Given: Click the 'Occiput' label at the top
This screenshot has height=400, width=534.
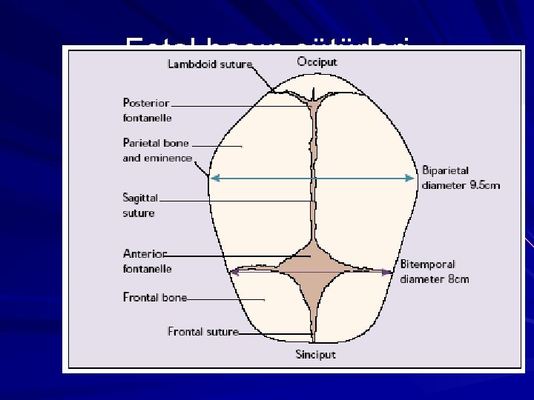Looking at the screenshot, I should (317, 61).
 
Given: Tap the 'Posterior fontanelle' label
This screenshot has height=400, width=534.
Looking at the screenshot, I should (147, 110).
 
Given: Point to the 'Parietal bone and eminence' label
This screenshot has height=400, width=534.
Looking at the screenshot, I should (156, 150).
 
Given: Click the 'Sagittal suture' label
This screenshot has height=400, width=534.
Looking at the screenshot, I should (139, 205).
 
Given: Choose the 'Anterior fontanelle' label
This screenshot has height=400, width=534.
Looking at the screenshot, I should (147, 261).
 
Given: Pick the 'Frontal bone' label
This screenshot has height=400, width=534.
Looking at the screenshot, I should (154, 298).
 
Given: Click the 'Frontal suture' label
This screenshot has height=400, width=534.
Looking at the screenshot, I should (202, 331).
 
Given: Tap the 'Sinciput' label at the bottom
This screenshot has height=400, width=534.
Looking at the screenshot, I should (315, 354).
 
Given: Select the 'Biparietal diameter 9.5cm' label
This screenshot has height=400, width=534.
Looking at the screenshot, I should (461, 178).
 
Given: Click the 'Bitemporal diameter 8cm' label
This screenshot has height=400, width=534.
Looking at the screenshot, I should (435, 271).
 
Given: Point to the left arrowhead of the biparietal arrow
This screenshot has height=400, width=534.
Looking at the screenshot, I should (213, 179).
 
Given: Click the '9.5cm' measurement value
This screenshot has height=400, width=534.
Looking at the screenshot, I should (484, 185).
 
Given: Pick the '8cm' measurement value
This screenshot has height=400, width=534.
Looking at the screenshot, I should (457, 279).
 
